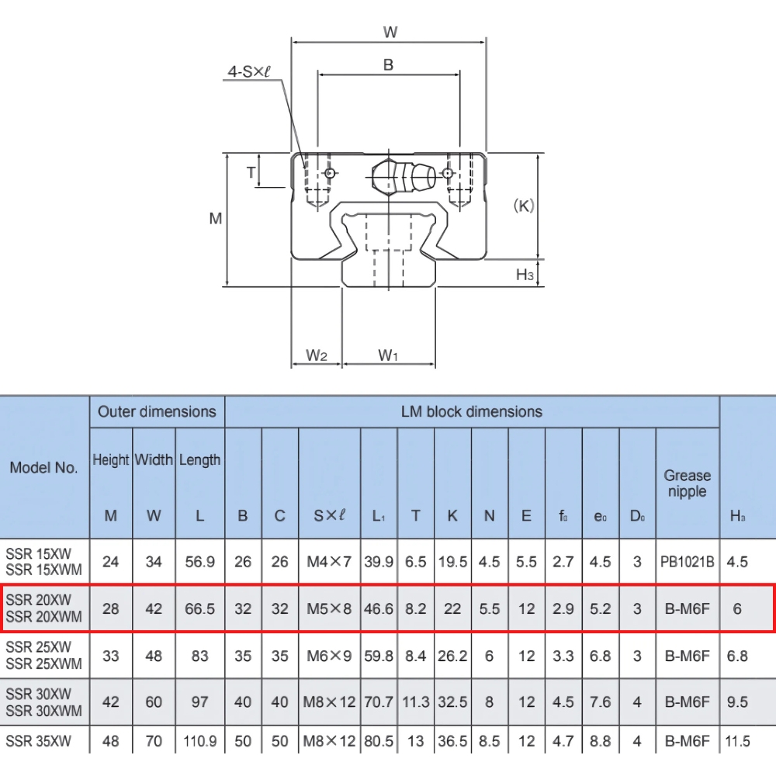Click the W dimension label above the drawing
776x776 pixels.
390,32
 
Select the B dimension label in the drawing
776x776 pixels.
388,65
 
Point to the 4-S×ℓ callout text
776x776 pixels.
248,71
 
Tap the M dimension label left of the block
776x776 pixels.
216,219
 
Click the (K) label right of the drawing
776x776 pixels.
525,206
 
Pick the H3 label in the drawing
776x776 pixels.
525,274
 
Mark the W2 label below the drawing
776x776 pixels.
316,355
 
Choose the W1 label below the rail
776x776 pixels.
388,355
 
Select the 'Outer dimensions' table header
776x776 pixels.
157,411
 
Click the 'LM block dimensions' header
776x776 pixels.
471,411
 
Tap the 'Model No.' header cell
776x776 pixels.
43,467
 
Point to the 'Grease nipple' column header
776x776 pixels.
687,483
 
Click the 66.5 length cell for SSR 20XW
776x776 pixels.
199,609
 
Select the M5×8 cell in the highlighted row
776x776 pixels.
329,609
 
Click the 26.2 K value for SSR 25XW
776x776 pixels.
452,656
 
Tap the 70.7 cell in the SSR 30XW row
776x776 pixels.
379,702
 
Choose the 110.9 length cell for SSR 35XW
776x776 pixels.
199,741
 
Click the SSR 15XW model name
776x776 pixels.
39,553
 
